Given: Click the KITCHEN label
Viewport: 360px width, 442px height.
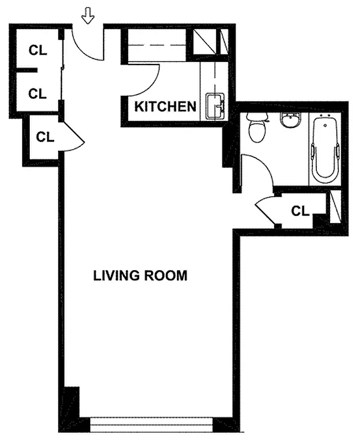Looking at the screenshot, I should (165, 107).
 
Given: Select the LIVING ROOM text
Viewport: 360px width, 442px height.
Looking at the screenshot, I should (140, 275).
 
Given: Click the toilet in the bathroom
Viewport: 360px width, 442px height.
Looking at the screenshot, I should (257, 128).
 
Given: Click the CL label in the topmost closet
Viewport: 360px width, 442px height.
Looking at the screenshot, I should (38, 50).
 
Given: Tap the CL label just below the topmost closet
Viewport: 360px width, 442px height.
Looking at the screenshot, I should (38, 93).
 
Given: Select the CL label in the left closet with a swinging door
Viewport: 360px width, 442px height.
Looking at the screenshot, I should (45, 137).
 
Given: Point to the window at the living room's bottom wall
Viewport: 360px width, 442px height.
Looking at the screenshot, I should (151, 426).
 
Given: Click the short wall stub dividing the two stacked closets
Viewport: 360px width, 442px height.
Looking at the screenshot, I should (26, 71).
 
